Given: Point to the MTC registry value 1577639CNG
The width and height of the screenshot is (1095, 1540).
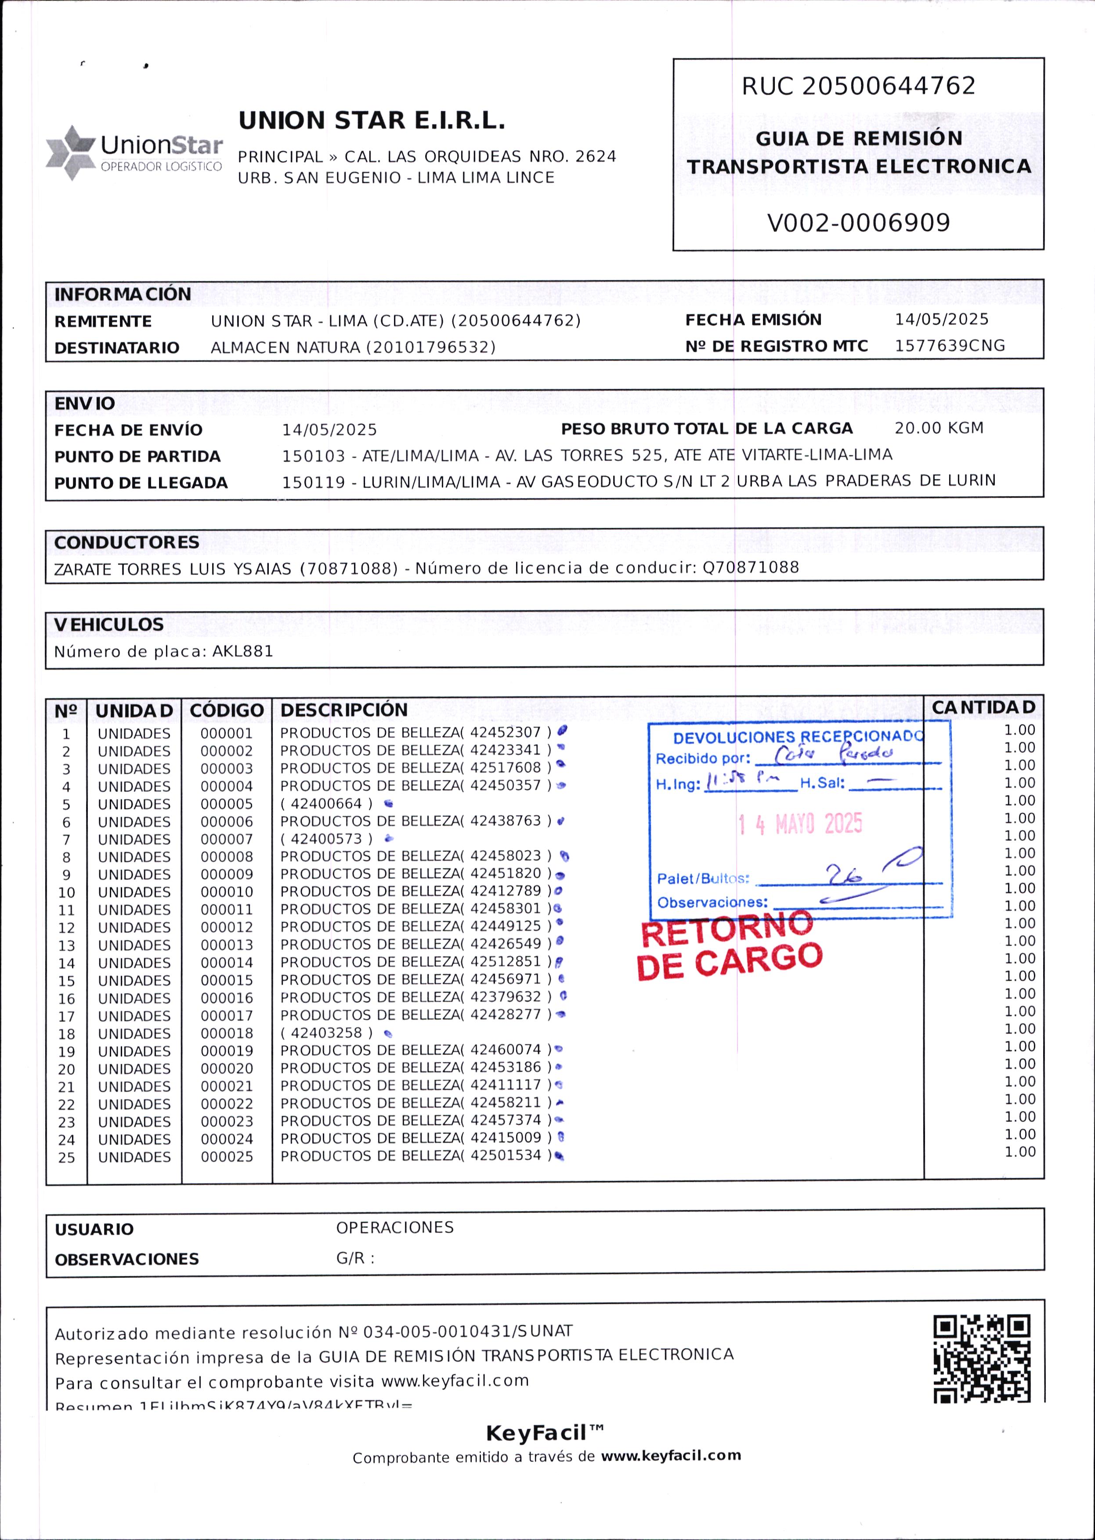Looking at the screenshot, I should click(949, 346).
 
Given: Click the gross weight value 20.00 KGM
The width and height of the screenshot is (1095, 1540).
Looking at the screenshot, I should click(939, 428).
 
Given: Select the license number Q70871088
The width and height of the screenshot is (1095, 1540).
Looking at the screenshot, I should click(751, 567).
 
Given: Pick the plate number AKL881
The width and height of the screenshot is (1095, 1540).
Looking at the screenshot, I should click(243, 651).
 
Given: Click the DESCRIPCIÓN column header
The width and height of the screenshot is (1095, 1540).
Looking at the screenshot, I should click(344, 710).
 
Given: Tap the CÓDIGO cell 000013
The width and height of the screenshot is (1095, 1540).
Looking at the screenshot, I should click(227, 945).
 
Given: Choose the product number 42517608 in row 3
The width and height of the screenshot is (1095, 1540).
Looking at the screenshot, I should click(506, 768).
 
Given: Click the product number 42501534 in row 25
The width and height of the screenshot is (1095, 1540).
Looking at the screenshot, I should click(506, 1156).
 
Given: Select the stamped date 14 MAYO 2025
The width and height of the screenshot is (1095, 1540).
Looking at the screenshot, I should click(800, 824).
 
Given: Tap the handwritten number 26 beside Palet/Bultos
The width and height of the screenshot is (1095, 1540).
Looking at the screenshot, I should click(844, 876).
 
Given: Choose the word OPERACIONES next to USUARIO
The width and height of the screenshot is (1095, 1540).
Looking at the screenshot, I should click(394, 1227).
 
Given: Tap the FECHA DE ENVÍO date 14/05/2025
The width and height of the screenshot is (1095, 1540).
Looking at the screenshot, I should click(329, 430).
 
